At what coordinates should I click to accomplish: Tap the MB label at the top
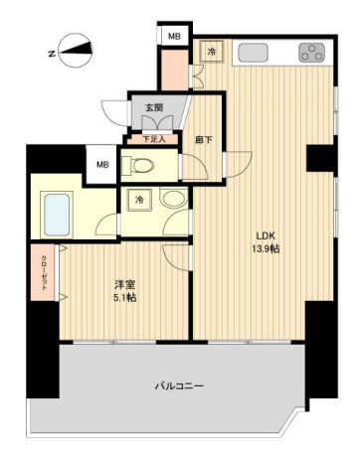(x=175, y=36)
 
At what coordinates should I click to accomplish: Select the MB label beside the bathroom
(x=100, y=164)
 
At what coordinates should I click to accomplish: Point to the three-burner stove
(x=311, y=54)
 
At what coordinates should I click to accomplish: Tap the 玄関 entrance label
(x=155, y=108)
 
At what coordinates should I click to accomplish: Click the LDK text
(x=264, y=234)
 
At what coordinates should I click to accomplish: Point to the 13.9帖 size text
(x=264, y=248)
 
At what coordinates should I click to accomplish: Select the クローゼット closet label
(x=45, y=273)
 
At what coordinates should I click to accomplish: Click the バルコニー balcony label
(x=179, y=385)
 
